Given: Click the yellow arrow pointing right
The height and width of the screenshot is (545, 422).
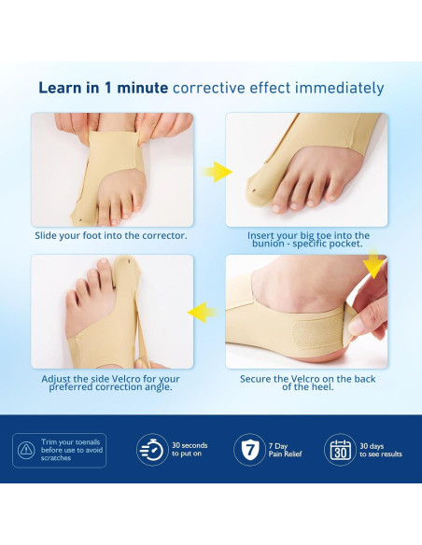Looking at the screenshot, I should click(218, 172).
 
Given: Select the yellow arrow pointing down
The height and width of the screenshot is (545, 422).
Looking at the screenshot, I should click(376, 266).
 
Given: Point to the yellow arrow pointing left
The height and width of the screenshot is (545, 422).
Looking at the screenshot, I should click(203, 312).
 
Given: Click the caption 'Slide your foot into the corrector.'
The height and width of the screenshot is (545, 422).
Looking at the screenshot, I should click(111, 235).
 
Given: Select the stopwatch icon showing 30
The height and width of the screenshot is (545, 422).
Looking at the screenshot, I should click(151, 449).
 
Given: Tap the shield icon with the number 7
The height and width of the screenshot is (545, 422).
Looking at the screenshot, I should click(248, 449).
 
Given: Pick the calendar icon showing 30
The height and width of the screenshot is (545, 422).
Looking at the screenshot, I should click(339, 449).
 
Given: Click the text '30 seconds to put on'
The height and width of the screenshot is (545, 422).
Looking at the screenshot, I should click(190, 450).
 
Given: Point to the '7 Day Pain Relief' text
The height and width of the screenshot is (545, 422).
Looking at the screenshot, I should click(284, 450).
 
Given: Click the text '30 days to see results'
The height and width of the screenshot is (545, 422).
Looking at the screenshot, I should click(381, 450).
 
